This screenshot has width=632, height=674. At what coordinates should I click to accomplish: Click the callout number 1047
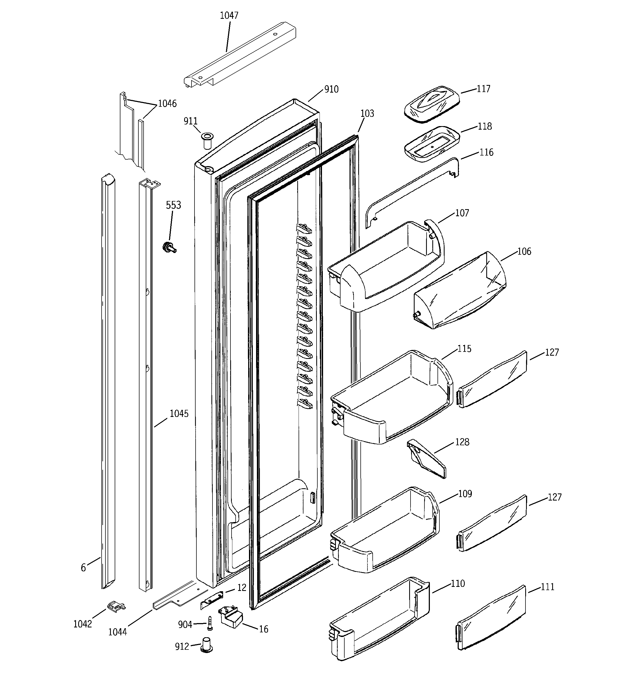coord(229,15)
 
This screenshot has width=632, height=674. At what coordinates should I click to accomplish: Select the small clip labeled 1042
coord(116,606)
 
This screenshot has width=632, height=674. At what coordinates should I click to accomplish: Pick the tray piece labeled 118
coord(432,144)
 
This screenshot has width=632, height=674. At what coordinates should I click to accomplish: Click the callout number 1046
coord(167,103)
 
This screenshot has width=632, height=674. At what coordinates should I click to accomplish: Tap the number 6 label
coord(83,567)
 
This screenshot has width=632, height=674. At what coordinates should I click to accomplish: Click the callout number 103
coord(367,114)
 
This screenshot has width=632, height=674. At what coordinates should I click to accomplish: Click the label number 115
coord(464,349)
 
